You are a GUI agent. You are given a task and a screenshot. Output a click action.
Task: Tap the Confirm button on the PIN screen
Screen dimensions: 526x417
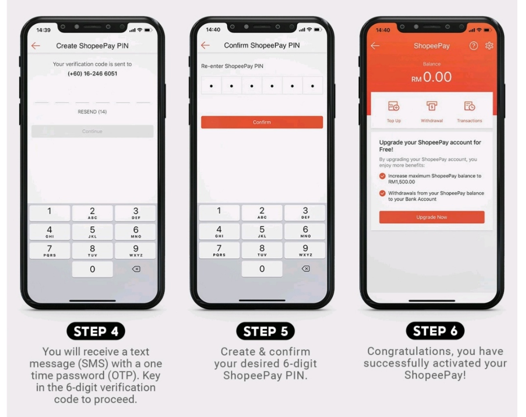[262, 122]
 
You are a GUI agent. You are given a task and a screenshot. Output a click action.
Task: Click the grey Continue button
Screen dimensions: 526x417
[92, 131]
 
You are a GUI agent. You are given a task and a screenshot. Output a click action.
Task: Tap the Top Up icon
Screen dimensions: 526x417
[393, 106]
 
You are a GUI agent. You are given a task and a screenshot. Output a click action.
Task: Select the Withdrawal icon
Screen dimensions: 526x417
[432, 106]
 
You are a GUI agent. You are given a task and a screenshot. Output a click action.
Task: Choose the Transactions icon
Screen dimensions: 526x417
[469, 106]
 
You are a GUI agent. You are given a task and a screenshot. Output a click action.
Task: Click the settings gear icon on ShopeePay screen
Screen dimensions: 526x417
[489, 46]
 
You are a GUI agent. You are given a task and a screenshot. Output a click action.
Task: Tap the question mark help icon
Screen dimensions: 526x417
[473, 46]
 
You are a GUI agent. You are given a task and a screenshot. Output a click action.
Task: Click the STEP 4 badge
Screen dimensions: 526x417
[96, 331]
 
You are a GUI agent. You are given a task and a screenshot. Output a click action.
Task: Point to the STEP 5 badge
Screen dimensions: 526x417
[265, 331]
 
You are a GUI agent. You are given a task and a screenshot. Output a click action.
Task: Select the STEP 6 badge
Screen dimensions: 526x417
[435, 331]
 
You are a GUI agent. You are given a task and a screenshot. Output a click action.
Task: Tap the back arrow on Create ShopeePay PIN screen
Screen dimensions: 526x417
[36, 46]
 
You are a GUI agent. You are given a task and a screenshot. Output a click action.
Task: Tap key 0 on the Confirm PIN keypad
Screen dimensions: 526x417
[262, 269]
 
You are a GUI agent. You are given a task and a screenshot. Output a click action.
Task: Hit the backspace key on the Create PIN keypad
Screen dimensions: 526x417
[136, 269]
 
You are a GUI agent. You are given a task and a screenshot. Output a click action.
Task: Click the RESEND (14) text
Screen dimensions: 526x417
[92, 112]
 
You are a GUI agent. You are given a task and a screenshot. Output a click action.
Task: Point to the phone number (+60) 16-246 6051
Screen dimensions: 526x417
[92, 74]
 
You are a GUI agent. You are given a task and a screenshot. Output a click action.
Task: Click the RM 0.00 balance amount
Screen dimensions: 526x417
[432, 77]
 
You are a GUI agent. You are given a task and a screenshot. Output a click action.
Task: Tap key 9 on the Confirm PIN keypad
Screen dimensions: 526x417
[305, 250]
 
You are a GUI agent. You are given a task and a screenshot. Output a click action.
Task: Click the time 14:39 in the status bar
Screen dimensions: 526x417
[43, 30]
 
